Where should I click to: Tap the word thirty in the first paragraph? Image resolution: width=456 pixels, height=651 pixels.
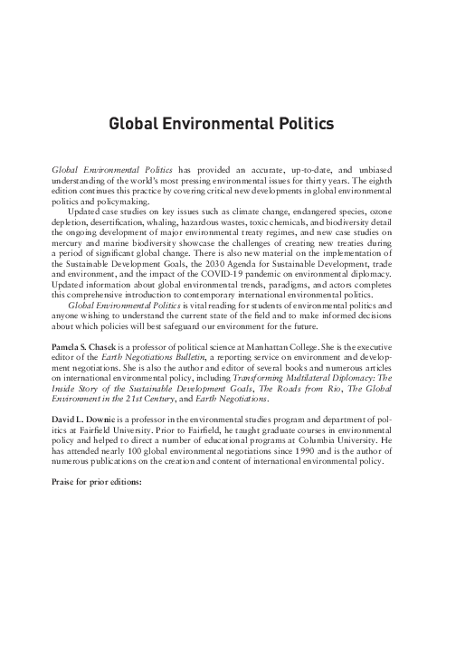pos(349,180)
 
